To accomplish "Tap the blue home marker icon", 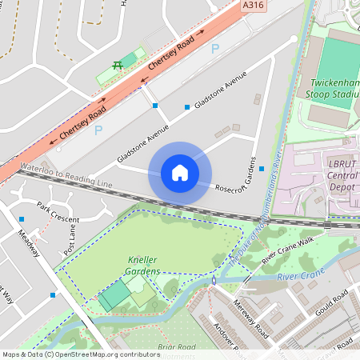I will pyautogui.click(x=180, y=173).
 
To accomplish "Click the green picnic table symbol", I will pyautogui.click(x=118, y=64).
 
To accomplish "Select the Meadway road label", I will pyautogui.click(x=29, y=244).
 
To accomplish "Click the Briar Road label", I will pyautogui.click(x=177, y=347).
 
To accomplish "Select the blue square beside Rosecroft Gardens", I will pyautogui.click(x=262, y=168).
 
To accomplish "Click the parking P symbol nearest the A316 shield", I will pyautogui.click(x=214, y=49).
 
